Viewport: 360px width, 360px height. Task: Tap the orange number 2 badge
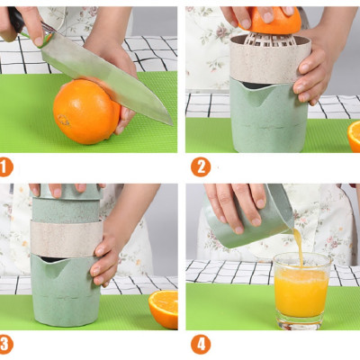200,166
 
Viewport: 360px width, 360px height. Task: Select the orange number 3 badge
6,343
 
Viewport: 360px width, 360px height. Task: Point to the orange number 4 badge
200,343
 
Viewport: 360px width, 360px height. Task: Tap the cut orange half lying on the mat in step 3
163,308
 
